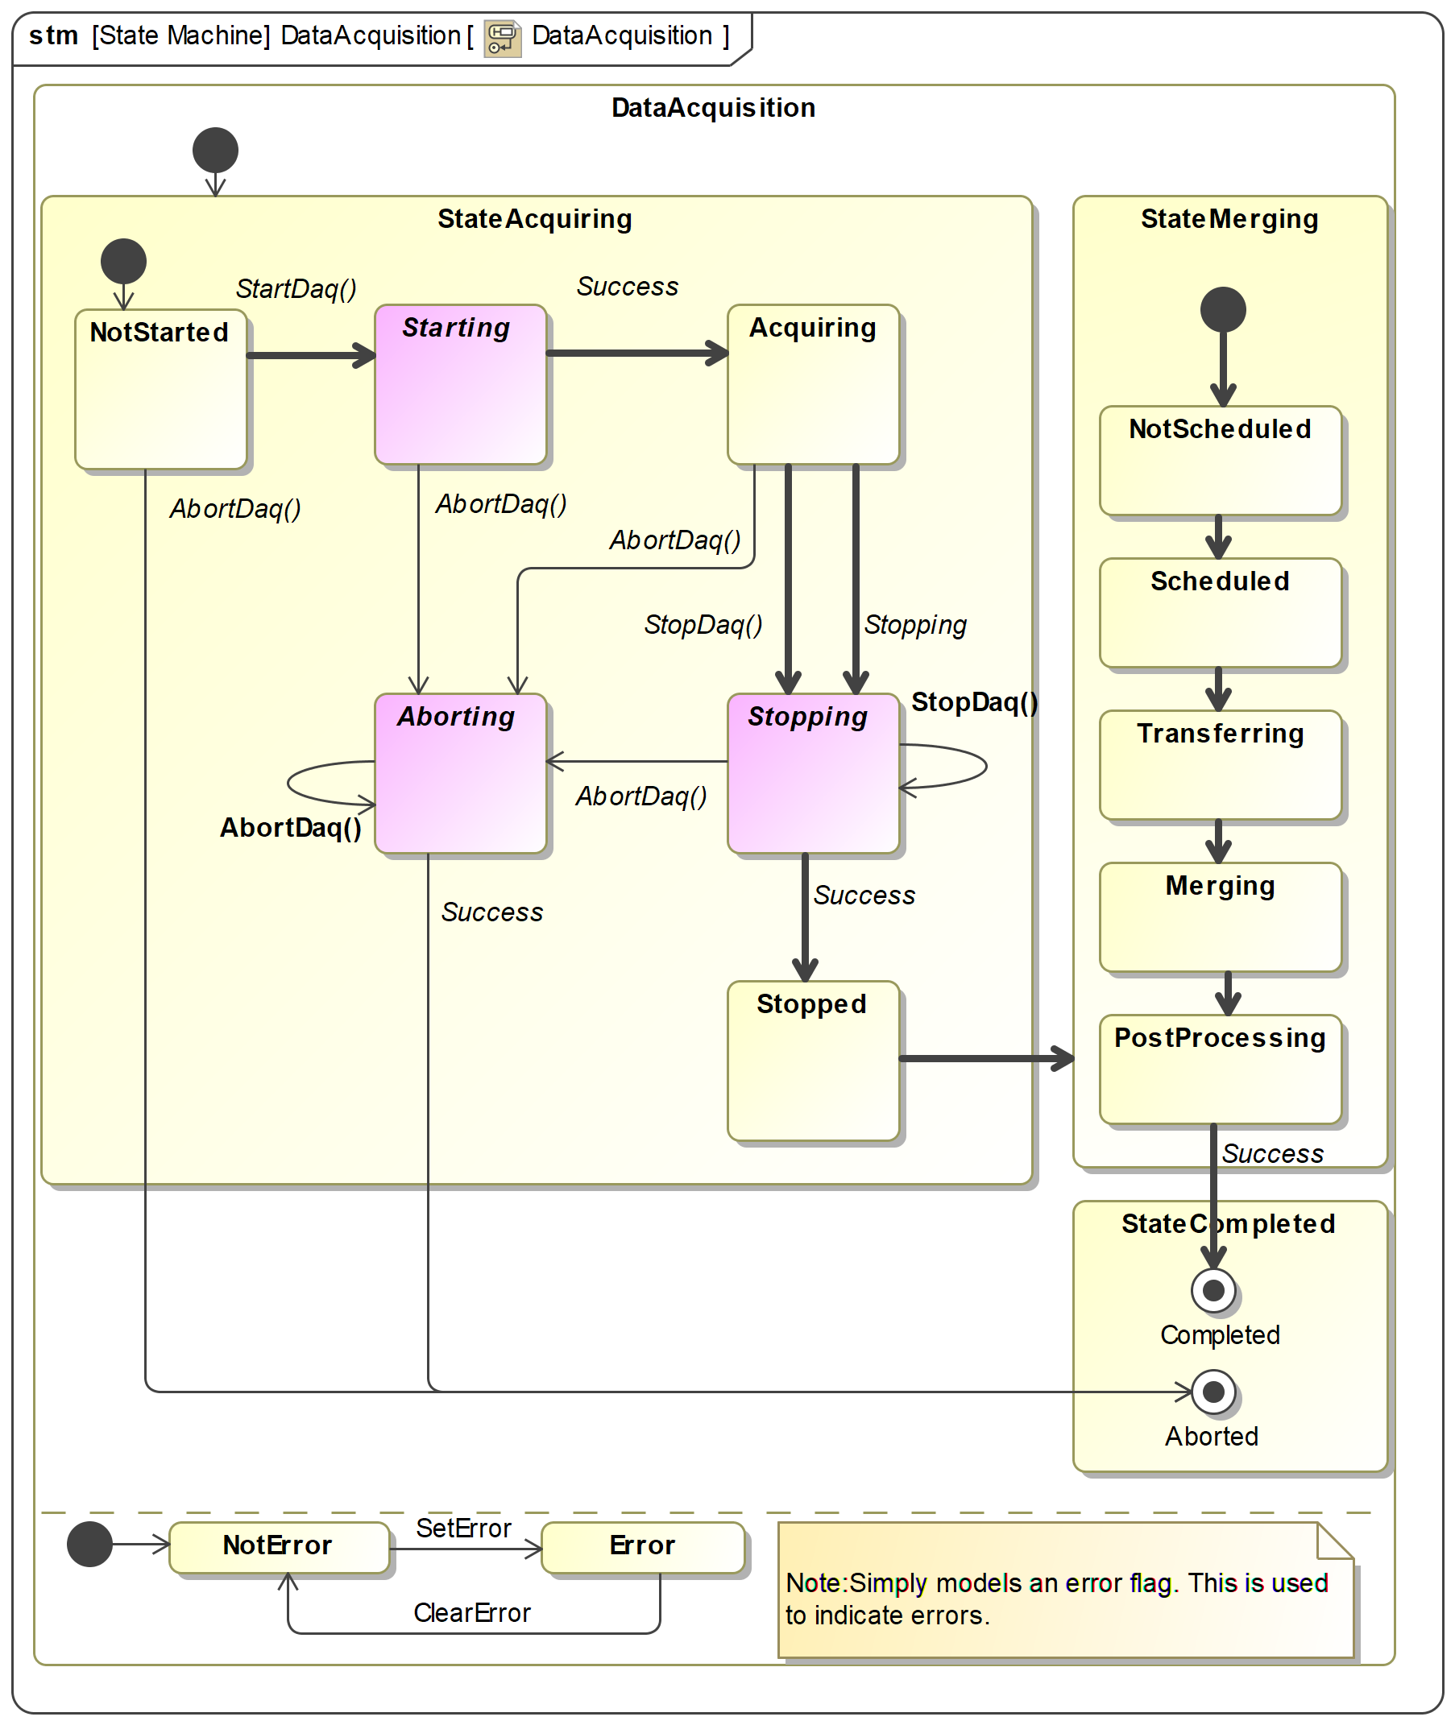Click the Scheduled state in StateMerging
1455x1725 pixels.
coord(1220,614)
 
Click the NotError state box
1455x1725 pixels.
coord(279,1548)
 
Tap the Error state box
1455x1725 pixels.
coord(643,1548)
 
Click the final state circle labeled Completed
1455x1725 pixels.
coord(1213,1290)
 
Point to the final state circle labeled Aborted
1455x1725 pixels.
coord(1213,1392)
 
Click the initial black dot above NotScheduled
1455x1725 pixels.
coord(1222,310)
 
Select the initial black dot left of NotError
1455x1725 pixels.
coord(89,1545)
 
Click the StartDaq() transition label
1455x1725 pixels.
coord(296,289)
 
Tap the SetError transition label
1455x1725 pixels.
coord(463,1528)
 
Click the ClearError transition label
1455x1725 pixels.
coord(472,1613)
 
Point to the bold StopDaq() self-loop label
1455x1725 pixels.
coord(974,702)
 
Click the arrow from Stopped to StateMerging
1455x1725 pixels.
coord(985,1058)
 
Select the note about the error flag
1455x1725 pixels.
coord(1066,1591)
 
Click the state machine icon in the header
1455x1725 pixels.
coord(503,37)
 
